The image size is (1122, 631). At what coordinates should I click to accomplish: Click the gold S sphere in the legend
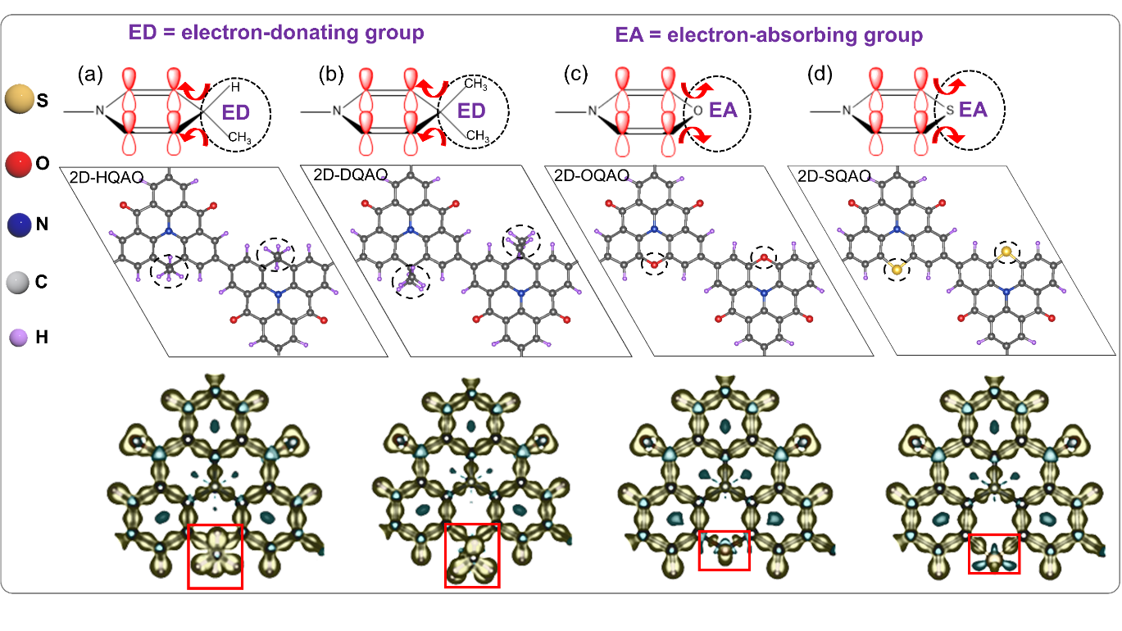click(20, 98)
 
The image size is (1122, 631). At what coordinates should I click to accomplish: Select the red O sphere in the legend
click(19, 164)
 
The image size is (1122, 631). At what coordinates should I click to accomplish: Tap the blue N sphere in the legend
click(20, 225)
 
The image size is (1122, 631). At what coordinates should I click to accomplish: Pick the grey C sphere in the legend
click(18, 283)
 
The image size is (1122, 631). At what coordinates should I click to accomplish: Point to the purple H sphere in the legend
click(19, 338)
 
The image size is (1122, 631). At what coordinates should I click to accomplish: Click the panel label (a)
click(90, 74)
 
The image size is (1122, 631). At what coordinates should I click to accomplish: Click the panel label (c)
click(575, 74)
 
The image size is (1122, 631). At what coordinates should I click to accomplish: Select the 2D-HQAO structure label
click(107, 177)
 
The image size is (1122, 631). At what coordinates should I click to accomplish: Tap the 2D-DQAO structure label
click(350, 175)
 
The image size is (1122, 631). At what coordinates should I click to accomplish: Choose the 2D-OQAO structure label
click(592, 175)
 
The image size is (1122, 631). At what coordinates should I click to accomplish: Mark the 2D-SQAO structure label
click(834, 175)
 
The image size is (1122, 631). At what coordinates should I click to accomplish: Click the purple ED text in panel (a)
click(235, 113)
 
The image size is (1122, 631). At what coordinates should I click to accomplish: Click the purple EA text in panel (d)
click(973, 109)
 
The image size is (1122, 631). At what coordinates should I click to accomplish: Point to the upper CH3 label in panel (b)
click(475, 84)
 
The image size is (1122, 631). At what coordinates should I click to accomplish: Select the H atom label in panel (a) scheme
click(235, 87)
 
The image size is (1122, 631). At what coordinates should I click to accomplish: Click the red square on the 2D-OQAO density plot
click(724, 551)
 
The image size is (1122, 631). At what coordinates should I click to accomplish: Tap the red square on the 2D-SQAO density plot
click(994, 553)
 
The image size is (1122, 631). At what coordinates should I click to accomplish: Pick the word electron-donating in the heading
click(270, 33)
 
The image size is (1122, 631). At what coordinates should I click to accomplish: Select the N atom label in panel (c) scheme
click(592, 110)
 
